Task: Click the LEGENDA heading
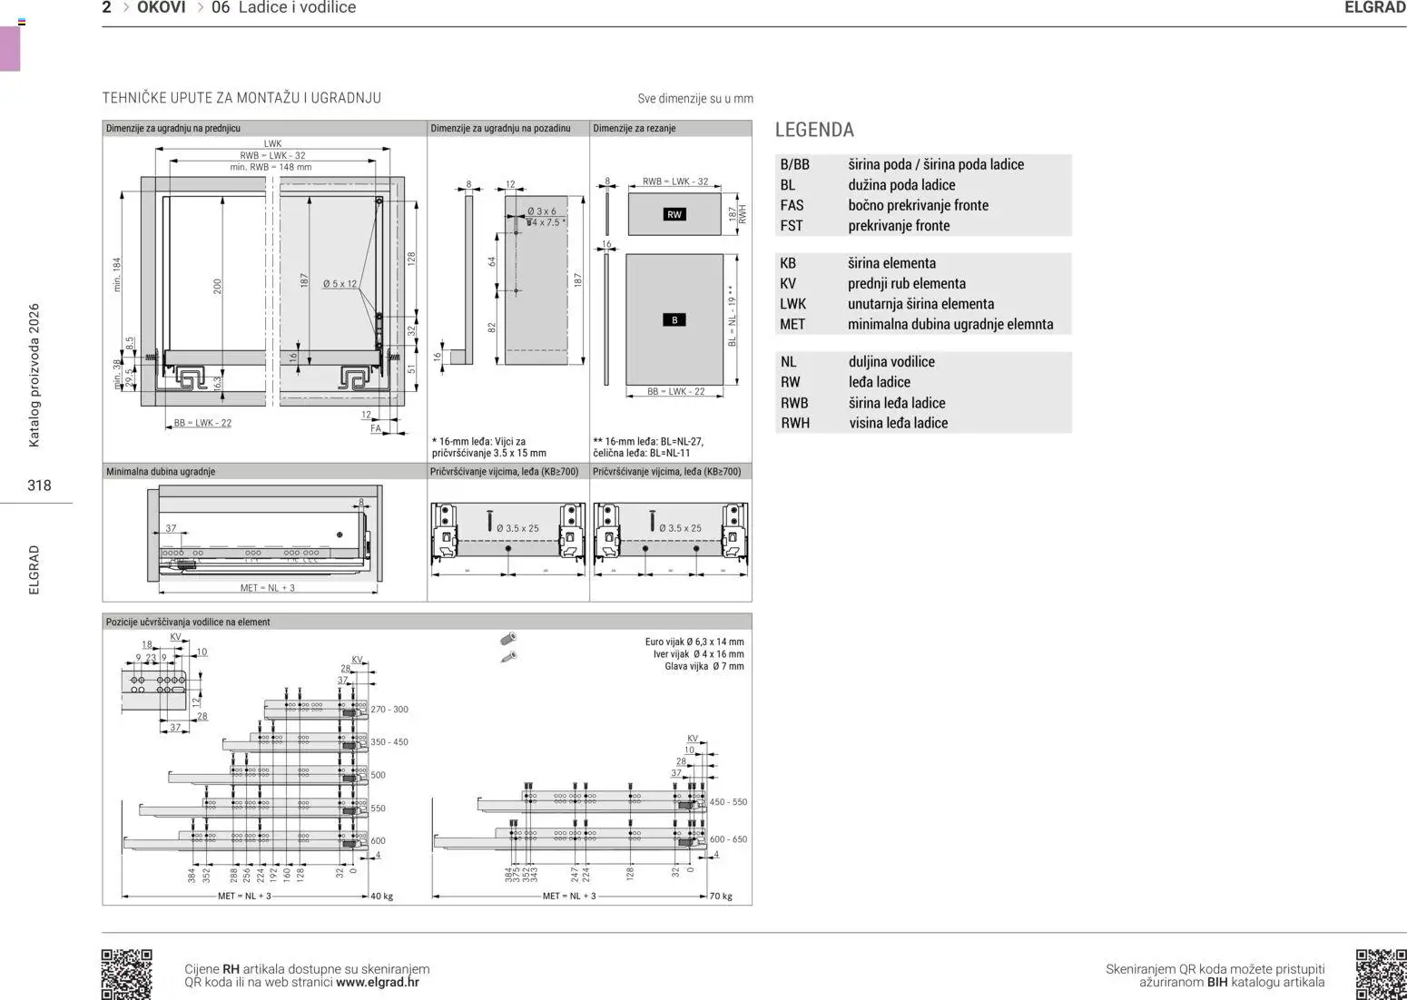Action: (x=814, y=130)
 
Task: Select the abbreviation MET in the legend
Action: (x=792, y=324)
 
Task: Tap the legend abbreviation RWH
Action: (x=795, y=423)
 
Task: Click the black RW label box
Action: (x=674, y=215)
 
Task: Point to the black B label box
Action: (x=674, y=320)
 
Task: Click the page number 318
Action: (x=39, y=485)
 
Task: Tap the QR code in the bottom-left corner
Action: (x=126, y=974)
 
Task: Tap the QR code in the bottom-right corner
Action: (x=1381, y=974)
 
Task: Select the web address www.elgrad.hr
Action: (x=378, y=982)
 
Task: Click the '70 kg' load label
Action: (x=721, y=897)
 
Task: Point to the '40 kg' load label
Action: (x=381, y=897)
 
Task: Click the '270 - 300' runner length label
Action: (x=389, y=710)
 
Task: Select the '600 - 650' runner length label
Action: (x=728, y=839)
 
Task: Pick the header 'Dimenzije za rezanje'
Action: (x=634, y=129)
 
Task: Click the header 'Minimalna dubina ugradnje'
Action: (x=161, y=472)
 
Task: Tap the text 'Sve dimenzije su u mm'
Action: (x=694, y=99)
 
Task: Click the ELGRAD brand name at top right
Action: (x=1374, y=8)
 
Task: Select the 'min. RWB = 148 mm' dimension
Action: (x=271, y=167)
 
